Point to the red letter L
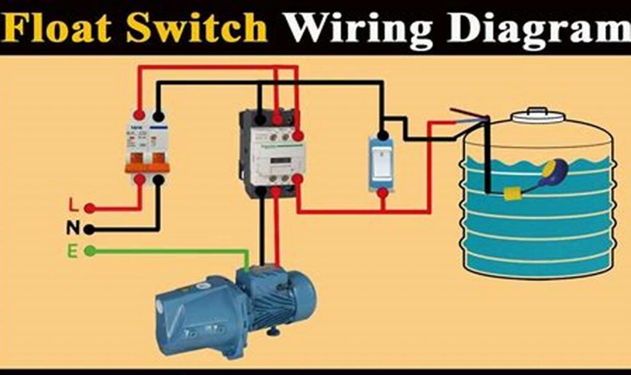point(73,205)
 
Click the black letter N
point(73,228)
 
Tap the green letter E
point(73,251)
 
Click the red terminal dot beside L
point(90,208)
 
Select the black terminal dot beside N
point(90,229)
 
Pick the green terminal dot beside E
point(90,251)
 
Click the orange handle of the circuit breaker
point(147,167)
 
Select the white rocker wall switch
point(382,163)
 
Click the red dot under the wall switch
point(383,193)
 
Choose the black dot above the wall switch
point(383,134)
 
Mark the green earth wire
point(173,251)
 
